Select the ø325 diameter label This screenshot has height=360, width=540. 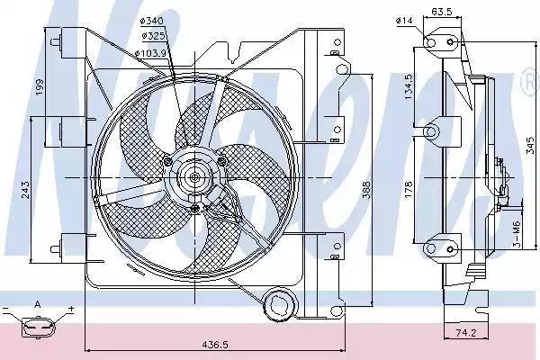click(x=153, y=36)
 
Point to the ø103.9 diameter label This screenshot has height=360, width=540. click(x=153, y=52)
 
